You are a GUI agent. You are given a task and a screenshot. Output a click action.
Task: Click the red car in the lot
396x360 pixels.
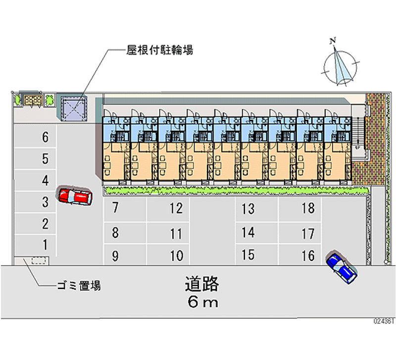tap(74, 197)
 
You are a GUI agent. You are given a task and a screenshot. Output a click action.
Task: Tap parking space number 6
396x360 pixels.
tap(45, 137)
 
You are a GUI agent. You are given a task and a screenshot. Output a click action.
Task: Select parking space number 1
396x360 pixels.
tap(45, 244)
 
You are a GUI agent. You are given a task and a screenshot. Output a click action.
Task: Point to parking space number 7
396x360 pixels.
tap(115, 208)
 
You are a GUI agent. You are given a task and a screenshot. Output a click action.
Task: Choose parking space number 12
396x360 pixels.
tap(176, 208)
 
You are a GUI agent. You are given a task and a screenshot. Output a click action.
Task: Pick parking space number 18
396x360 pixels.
tap(308, 208)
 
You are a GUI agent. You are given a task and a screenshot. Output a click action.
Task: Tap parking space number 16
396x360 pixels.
tap(308, 256)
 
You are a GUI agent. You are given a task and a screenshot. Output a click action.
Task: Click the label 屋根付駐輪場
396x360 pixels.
tap(159, 50)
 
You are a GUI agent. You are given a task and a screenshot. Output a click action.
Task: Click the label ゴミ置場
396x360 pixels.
tap(79, 286)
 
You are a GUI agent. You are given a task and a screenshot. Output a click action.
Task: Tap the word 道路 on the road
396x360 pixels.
tap(202, 284)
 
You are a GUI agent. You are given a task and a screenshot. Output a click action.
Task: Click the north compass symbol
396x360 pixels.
tap(341, 66)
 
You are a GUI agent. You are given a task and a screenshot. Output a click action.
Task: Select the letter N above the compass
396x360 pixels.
tap(334, 40)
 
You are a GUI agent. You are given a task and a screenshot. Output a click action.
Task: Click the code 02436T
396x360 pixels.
tap(383, 321)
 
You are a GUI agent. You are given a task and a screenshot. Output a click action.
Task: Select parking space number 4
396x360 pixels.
tap(45, 180)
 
